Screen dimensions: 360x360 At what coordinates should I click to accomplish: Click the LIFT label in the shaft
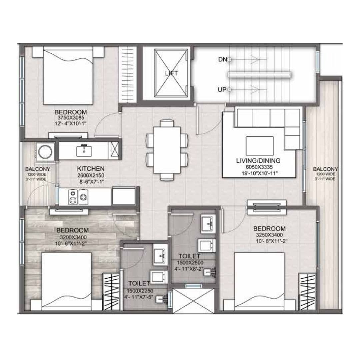pyautogui.click(x=171, y=73)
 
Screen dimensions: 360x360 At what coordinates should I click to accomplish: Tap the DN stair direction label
pyautogui.click(x=222, y=59)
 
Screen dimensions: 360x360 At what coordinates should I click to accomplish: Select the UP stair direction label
pyautogui.click(x=222, y=90)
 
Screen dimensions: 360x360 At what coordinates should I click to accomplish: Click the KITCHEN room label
pyautogui.click(x=91, y=169)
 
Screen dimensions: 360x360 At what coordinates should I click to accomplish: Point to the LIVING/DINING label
pyautogui.click(x=258, y=161)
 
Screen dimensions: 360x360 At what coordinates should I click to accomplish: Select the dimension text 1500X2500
pyautogui.click(x=189, y=262)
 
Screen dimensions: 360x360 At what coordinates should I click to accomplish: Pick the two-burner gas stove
pyautogui.click(x=77, y=197)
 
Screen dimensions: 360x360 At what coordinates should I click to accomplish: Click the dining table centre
pyautogui.click(x=167, y=150)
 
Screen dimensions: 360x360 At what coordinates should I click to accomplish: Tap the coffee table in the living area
pyautogui.click(x=260, y=146)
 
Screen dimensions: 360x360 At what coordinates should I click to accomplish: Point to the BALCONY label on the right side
pyautogui.click(x=325, y=169)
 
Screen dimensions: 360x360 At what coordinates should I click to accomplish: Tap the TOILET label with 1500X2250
pyautogui.click(x=139, y=283)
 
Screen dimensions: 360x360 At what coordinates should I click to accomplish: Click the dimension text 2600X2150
pyautogui.click(x=91, y=175)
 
